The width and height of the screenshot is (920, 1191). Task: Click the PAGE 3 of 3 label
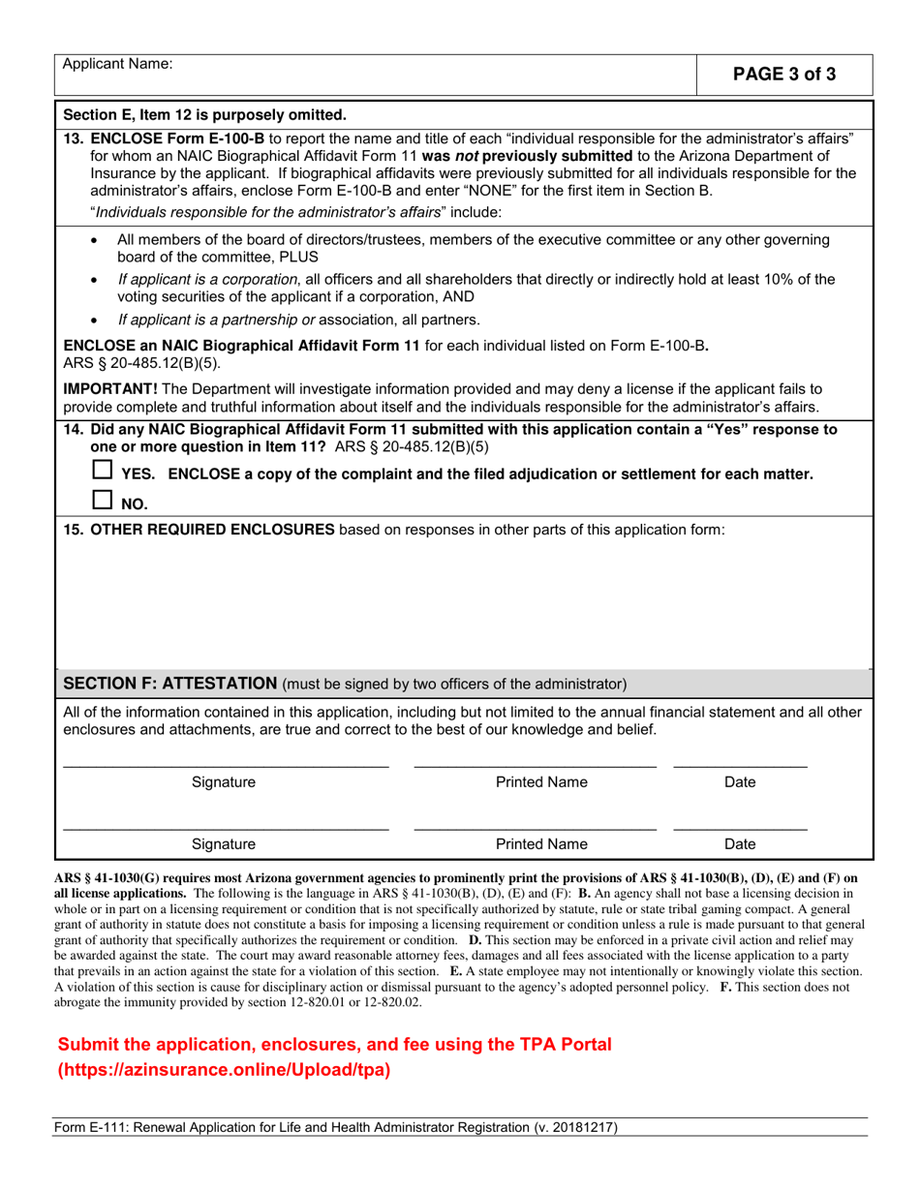(x=785, y=75)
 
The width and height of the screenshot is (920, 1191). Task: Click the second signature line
(x=225, y=828)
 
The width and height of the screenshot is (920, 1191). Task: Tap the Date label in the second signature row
(x=740, y=843)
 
